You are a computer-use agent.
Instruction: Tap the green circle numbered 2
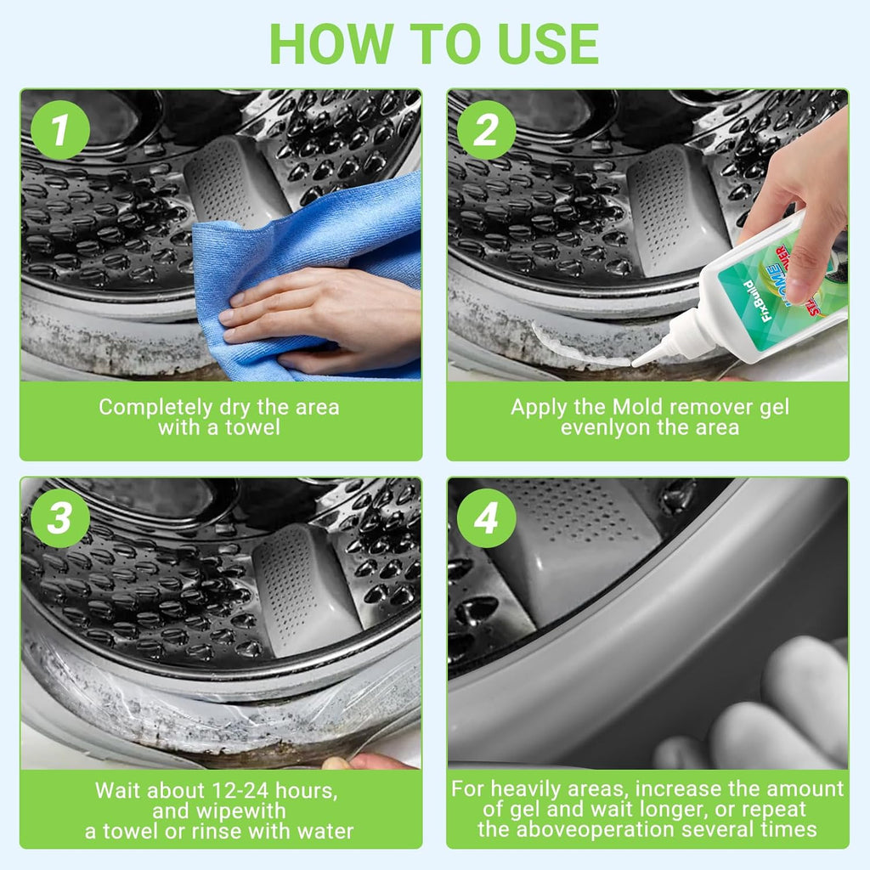click(x=487, y=131)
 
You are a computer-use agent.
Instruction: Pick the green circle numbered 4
click(x=487, y=517)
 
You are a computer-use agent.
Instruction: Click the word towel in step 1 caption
click(x=252, y=427)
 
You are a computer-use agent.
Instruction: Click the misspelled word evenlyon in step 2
click(x=605, y=427)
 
